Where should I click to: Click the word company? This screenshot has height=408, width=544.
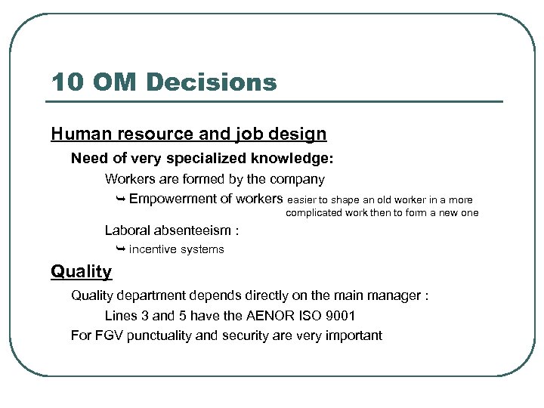[298, 180]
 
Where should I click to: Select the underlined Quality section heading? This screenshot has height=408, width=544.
[81, 271]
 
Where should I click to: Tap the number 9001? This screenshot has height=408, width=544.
[339, 316]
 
